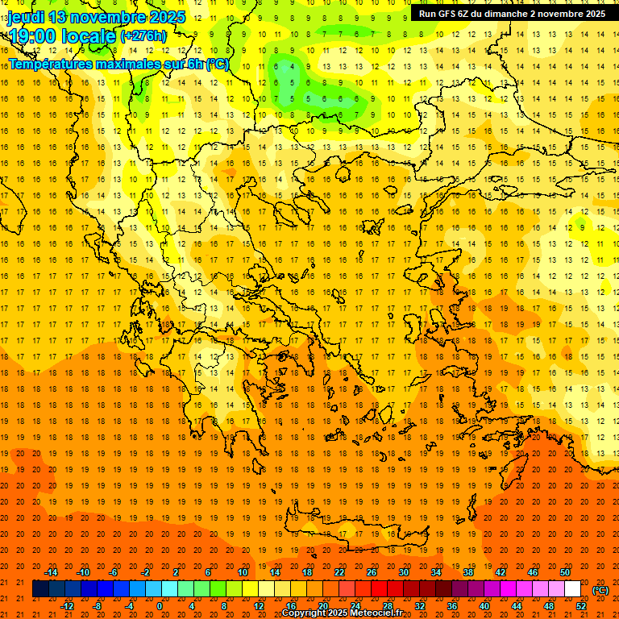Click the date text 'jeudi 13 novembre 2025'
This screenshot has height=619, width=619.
pyautogui.click(x=97, y=17)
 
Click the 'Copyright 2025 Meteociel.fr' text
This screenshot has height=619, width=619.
pyautogui.click(x=342, y=613)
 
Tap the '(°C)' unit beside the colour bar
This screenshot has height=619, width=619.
pyautogui.click(x=600, y=590)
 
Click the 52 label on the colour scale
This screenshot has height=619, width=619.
pyautogui.click(x=581, y=606)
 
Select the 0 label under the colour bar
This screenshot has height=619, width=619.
pyautogui.click(x=159, y=606)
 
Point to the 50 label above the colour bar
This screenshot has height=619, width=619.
pyautogui.click(x=564, y=572)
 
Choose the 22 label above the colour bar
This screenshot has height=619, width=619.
pyautogui.click(x=339, y=572)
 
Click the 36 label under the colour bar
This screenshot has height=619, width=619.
pyautogui.click(x=452, y=606)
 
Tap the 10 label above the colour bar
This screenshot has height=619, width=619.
pyautogui.click(x=242, y=572)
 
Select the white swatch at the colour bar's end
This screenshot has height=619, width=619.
pyautogui.click(x=573, y=589)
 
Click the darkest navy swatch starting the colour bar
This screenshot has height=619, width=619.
pyautogui.click(x=40, y=589)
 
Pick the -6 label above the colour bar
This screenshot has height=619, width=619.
pyautogui.click(x=113, y=572)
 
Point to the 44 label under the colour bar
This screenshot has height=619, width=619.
pyautogui.click(x=517, y=606)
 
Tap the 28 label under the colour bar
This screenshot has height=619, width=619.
pyautogui.click(x=388, y=606)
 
